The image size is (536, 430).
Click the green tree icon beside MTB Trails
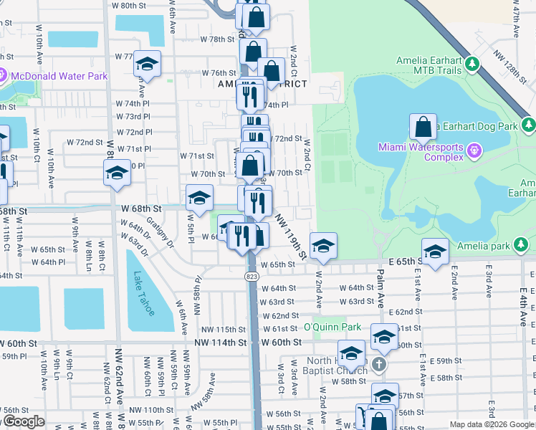472,65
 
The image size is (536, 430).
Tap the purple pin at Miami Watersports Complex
474,151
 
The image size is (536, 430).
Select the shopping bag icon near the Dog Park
423,127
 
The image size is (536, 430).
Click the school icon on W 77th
147,65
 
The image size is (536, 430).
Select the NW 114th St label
220,343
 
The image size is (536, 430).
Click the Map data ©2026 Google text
492,424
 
